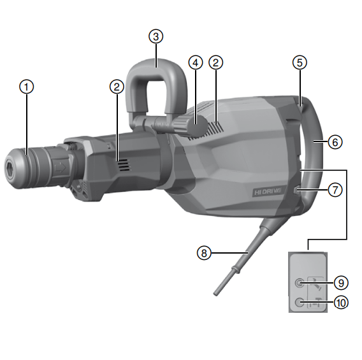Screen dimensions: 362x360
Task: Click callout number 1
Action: click(x=26, y=87)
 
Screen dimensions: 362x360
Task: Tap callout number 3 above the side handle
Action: click(x=156, y=36)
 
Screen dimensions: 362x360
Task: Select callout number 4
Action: click(x=196, y=62)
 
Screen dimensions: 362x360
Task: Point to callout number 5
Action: click(x=300, y=62)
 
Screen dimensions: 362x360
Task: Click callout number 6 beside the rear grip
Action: click(x=335, y=142)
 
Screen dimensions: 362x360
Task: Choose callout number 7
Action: click(x=335, y=190)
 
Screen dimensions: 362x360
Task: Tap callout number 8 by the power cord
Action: click(x=204, y=253)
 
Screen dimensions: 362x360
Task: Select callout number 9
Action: click(x=341, y=283)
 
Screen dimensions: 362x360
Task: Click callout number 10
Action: click(x=341, y=303)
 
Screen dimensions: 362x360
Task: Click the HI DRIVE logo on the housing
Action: click(x=268, y=192)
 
